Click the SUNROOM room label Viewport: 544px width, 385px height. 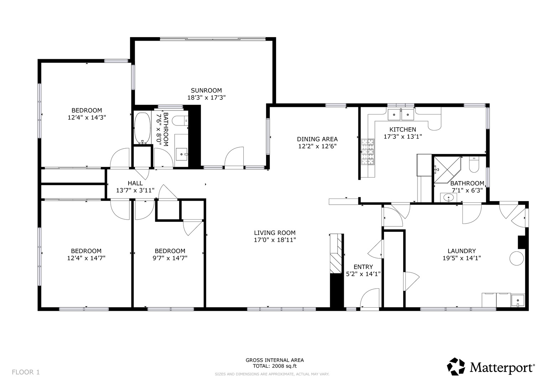206,91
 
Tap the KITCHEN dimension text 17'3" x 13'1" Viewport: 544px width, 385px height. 403,137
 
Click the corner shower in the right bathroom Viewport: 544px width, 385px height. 446,170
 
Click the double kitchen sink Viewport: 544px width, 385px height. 401,114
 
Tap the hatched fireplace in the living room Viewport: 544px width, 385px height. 336,253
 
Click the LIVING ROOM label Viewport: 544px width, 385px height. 275,233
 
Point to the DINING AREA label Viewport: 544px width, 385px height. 317,139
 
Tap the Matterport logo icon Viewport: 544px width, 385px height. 456,366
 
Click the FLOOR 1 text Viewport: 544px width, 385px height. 26,373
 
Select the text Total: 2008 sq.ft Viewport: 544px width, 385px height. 275,366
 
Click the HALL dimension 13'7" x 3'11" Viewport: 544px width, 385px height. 135,190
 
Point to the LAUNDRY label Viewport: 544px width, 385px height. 462,251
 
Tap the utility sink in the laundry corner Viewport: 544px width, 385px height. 518,301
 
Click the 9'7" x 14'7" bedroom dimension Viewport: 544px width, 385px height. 170,258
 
